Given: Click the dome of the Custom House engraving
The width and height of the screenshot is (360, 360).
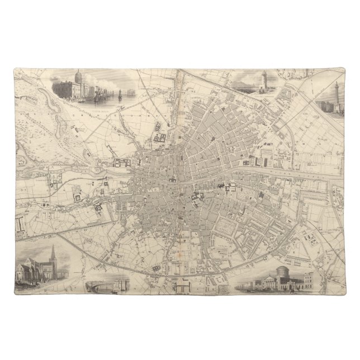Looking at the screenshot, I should tap(78, 75).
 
